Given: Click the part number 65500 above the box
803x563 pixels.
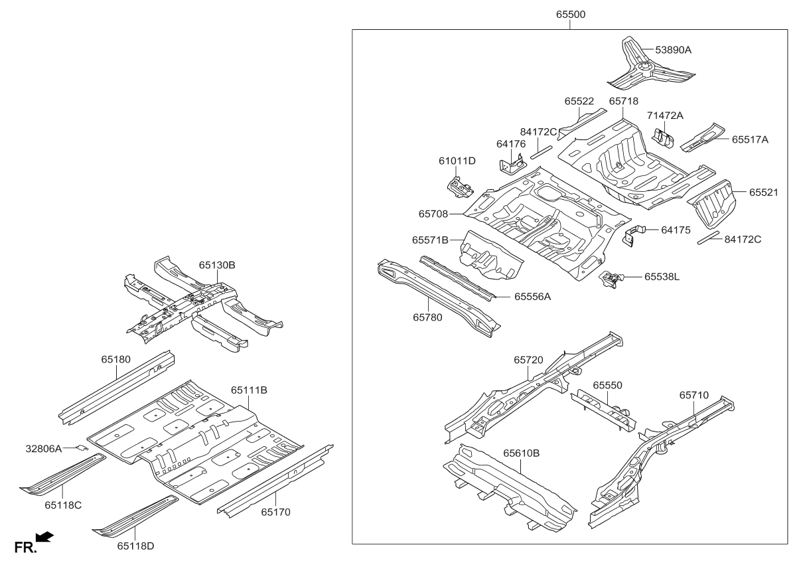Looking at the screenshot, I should [571, 15].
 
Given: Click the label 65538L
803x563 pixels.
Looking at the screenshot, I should [662, 276].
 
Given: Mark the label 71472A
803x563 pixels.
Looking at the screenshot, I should [665, 116].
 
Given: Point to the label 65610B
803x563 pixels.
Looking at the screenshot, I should [521, 453].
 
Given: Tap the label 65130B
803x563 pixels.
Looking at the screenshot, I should [217, 265].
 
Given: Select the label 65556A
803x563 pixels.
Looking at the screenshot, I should [533, 297].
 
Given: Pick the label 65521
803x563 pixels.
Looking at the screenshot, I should [763, 192].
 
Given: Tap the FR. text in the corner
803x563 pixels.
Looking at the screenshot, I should [24, 547].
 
